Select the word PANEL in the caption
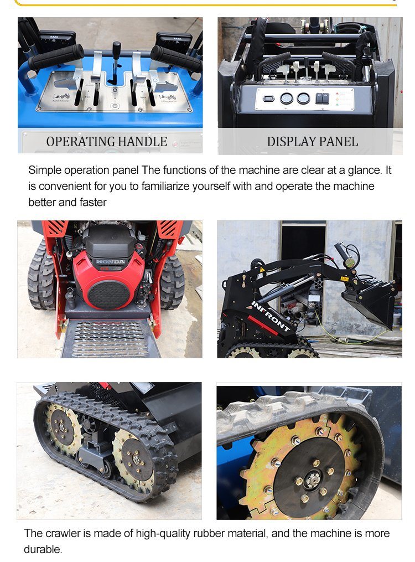[x=339, y=142]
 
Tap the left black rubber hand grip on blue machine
[x=56, y=56]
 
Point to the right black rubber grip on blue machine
[x=175, y=58]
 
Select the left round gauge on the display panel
[x=286, y=99]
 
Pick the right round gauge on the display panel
[x=303, y=99]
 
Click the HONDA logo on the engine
[x=110, y=261]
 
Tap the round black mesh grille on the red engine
[x=109, y=294]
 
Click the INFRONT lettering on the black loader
[x=271, y=316]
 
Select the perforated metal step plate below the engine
[x=111, y=338]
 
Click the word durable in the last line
[x=42, y=549]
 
